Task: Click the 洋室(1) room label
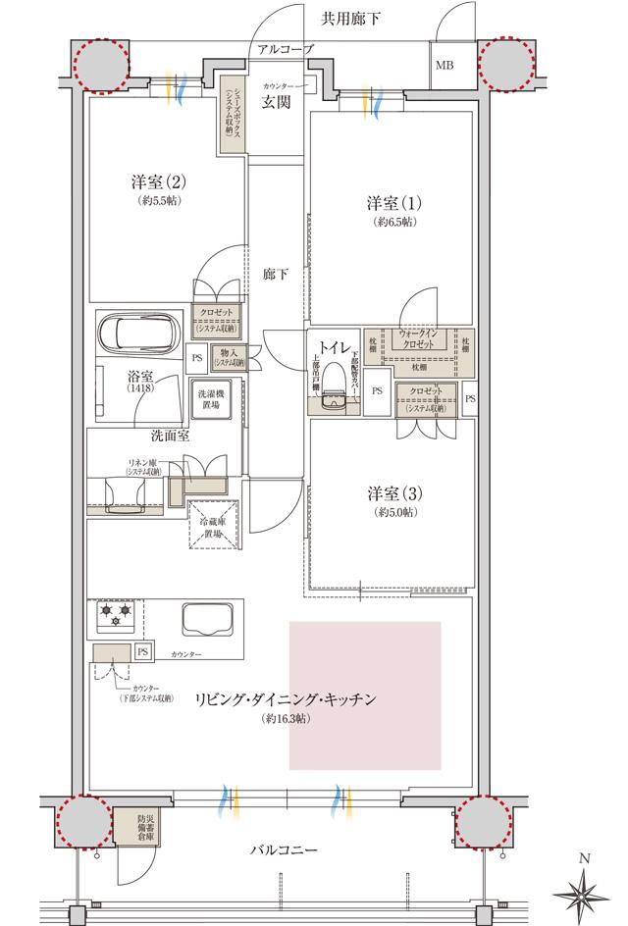394,204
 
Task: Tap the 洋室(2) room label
157,181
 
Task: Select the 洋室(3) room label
394,493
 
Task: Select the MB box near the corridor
446,68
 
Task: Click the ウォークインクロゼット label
423,340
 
